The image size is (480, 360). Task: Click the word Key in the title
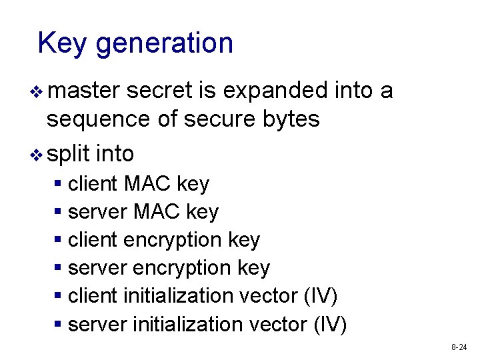[x=63, y=44]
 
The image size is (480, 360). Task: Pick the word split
[x=68, y=154]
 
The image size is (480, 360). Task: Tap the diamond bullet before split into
[x=37, y=155]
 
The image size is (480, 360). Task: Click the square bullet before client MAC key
[x=59, y=183]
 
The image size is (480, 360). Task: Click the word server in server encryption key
[x=98, y=268]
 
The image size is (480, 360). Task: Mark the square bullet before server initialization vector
[x=59, y=324]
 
